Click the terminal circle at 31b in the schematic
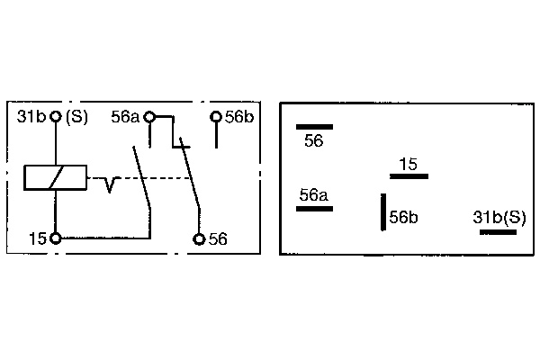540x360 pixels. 56,116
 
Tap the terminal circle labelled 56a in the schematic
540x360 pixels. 150,116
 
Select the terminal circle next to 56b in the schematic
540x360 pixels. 216,116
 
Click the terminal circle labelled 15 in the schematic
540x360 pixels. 56,238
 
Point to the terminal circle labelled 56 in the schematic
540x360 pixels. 199,238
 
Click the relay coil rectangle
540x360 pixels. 56,177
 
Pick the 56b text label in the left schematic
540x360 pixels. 238,116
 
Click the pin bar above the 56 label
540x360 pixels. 314,127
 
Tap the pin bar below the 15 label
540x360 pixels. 409,176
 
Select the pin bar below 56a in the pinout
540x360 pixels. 314,208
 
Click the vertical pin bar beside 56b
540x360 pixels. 383,213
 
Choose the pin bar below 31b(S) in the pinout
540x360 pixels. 498,232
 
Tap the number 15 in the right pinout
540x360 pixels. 409,164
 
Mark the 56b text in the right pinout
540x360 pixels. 404,217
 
